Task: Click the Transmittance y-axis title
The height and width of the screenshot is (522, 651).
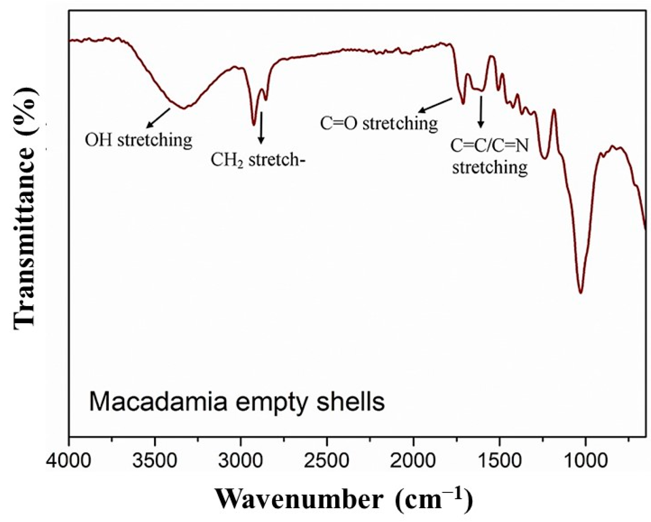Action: coord(25,208)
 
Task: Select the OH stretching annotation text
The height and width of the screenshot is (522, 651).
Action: coord(138,141)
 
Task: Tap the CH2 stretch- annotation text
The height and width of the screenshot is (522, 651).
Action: coord(257,160)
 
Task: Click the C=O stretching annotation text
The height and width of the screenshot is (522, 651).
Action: coord(379,123)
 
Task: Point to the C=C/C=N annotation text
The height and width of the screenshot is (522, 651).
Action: coord(489,146)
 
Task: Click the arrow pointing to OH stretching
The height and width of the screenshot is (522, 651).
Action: coord(158,118)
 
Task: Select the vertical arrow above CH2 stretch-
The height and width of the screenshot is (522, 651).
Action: coord(261,128)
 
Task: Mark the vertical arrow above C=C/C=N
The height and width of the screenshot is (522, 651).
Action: coord(481,112)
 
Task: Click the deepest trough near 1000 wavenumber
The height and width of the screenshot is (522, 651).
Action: coord(581,292)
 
